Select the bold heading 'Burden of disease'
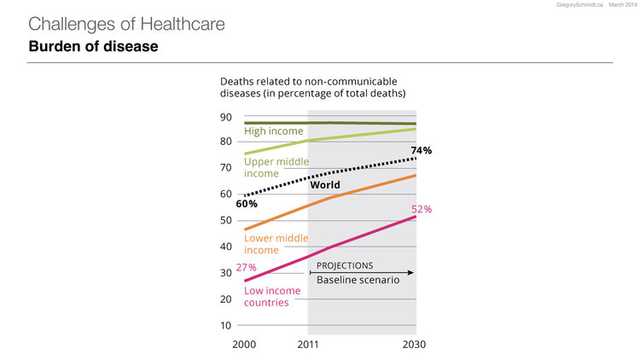point(94,46)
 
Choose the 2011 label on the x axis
point(307,345)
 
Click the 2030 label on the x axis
point(415,345)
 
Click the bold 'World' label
point(325,184)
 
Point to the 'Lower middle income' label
point(275,245)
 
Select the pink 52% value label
point(422,209)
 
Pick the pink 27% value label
point(246,267)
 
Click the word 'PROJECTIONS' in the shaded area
point(346,265)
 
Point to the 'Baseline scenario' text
point(358,280)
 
